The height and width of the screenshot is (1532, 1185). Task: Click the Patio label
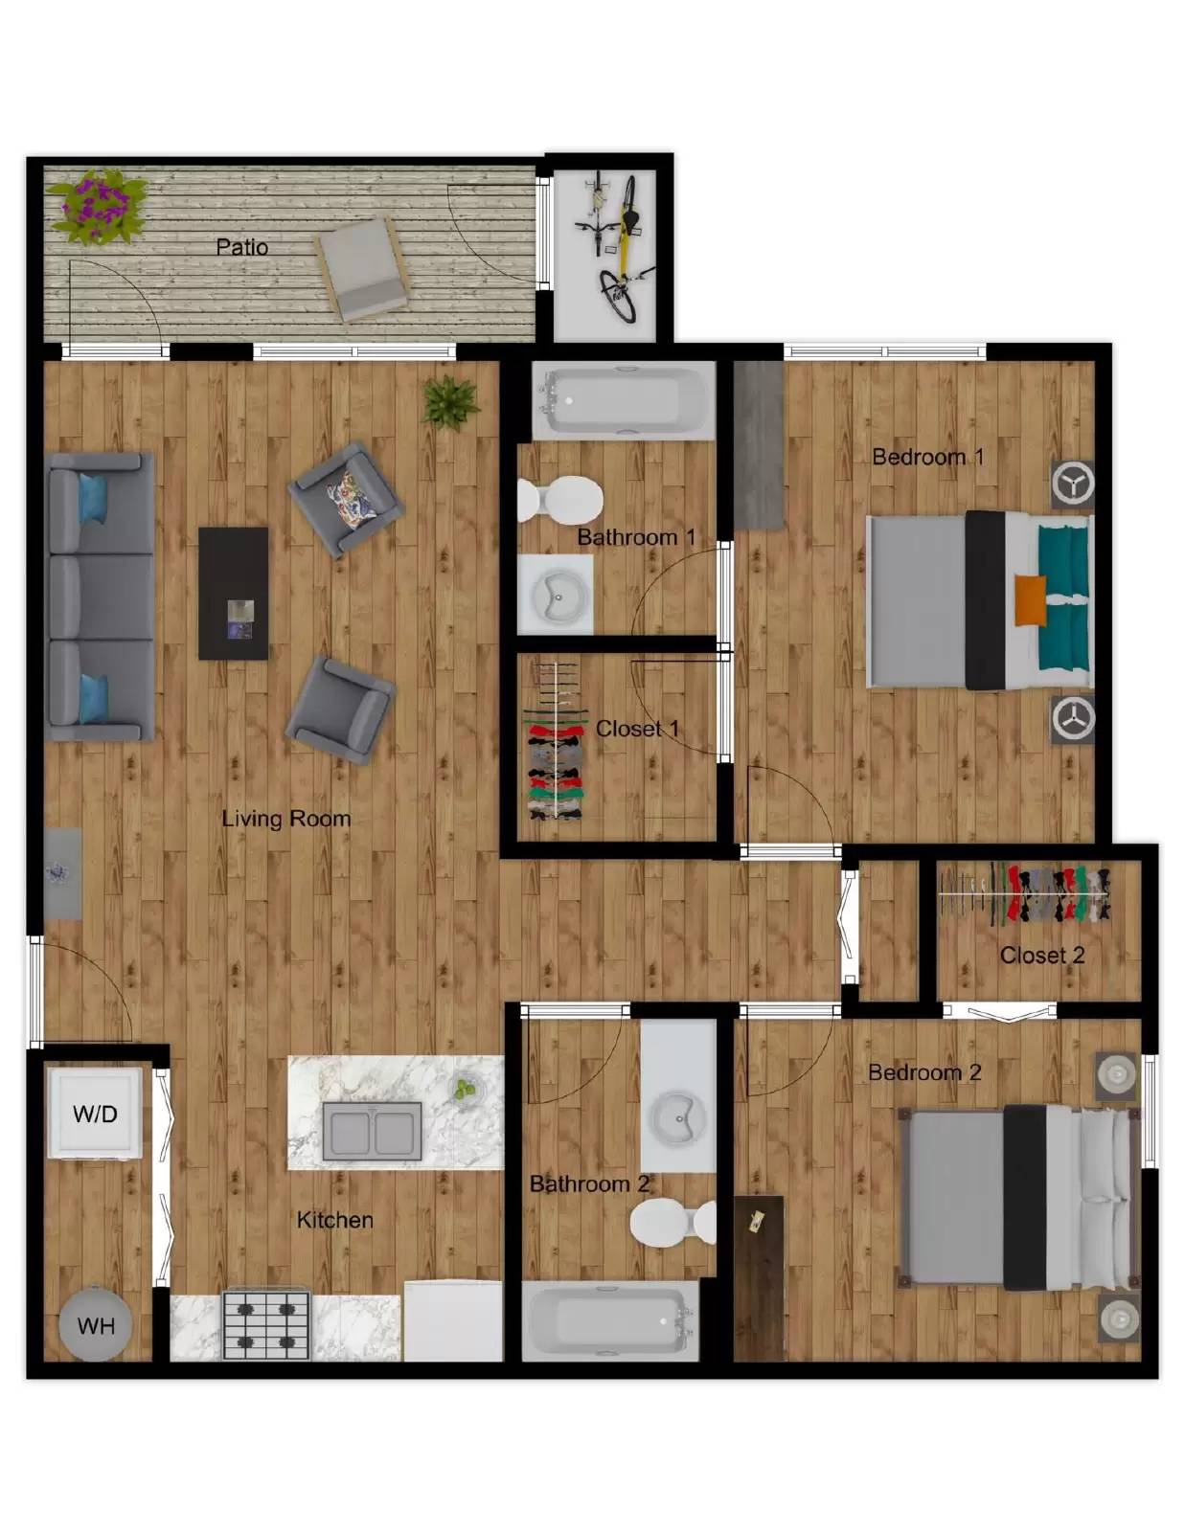(x=241, y=247)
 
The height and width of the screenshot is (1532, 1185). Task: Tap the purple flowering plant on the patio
(x=97, y=205)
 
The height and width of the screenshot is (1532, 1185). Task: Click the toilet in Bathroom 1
(x=560, y=499)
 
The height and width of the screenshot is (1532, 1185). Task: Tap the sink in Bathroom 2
(x=679, y=1115)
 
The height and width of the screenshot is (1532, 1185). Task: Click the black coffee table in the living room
(x=233, y=594)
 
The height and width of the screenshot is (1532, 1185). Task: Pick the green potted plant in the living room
(x=451, y=400)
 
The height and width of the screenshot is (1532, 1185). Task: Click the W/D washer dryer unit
(x=95, y=1113)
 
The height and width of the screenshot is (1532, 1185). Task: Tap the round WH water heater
(x=95, y=1325)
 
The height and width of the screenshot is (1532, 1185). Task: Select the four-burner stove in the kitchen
(x=266, y=1325)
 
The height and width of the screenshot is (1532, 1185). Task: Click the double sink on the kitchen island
(x=372, y=1132)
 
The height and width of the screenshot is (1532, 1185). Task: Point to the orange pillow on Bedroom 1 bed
(x=1030, y=600)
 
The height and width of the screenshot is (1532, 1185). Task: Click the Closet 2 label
(x=1042, y=956)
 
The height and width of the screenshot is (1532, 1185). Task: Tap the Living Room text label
(x=285, y=819)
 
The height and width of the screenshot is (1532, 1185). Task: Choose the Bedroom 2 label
(x=924, y=1072)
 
